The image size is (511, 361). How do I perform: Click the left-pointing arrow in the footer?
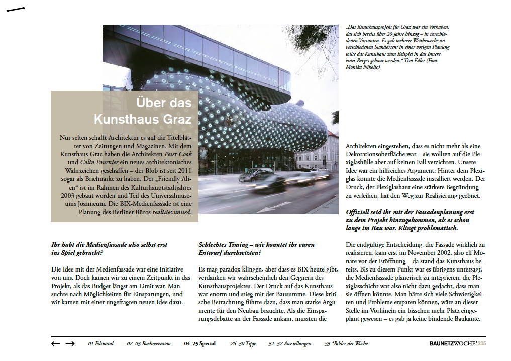[x=56, y=344]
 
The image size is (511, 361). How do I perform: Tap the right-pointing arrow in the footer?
[x=70, y=344]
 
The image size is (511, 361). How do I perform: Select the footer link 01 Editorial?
[x=100, y=344]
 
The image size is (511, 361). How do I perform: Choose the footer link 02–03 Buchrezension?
[x=149, y=344]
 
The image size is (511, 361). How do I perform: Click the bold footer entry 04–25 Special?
[x=199, y=344]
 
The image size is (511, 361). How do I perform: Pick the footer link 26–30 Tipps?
[x=243, y=344]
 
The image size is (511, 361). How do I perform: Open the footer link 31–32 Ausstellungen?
[x=289, y=344]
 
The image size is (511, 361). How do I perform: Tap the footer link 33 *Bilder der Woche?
[x=346, y=344]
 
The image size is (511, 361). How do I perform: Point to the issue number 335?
[x=482, y=344]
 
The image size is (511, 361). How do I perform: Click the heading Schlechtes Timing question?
[x=256, y=248]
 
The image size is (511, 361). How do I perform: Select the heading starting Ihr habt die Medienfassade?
[x=109, y=248]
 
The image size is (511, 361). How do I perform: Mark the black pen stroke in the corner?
[x=16, y=10]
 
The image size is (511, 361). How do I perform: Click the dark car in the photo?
[x=256, y=174]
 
